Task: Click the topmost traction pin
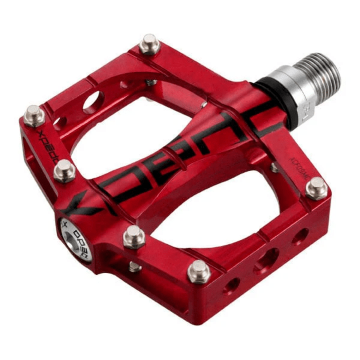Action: click(x=149, y=44)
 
